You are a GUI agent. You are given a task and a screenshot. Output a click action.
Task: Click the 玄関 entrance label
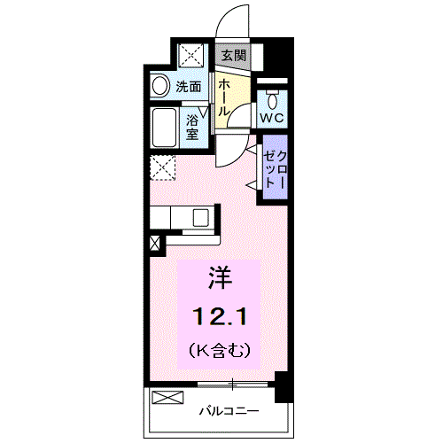233,55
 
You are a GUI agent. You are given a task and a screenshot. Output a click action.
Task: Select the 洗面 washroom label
188,87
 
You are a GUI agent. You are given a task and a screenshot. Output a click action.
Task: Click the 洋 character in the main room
220,278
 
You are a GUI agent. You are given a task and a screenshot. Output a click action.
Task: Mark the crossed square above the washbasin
190,55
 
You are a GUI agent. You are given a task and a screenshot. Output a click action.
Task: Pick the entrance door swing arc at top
232,19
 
